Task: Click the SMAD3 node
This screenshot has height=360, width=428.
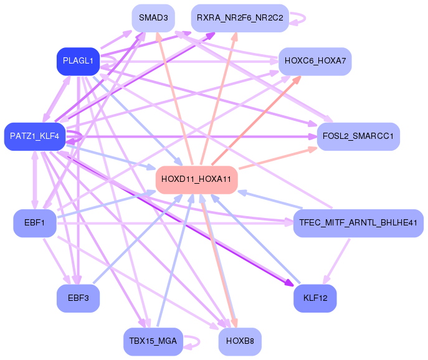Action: click(x=153, y=18)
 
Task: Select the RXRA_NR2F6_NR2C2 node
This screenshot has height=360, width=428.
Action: click(x=240, y=18)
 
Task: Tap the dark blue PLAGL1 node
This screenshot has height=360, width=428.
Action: click(x=78, y=61)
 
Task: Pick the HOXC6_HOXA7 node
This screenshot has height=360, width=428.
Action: click(x=315, y=61)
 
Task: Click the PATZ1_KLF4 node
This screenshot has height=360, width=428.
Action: click(x=34, y=136)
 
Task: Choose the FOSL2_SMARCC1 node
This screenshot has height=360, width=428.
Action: click(x=358, y=136)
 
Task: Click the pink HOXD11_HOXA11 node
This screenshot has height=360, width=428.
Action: click(x=196, y=179)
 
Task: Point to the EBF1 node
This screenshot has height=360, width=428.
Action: click(x=34, y=223)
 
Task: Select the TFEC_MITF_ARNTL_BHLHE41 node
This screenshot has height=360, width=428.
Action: click(x=358, y=223)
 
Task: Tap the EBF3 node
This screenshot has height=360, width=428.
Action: click(x=78, y=298)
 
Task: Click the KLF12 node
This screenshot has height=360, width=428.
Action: click(x=315, y=298)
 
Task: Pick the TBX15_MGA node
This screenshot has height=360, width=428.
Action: click(x=153, y=341)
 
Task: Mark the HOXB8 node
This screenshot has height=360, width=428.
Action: click(x=240, y=341)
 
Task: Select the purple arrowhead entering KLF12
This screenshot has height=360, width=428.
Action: click(x=289, y=283)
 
